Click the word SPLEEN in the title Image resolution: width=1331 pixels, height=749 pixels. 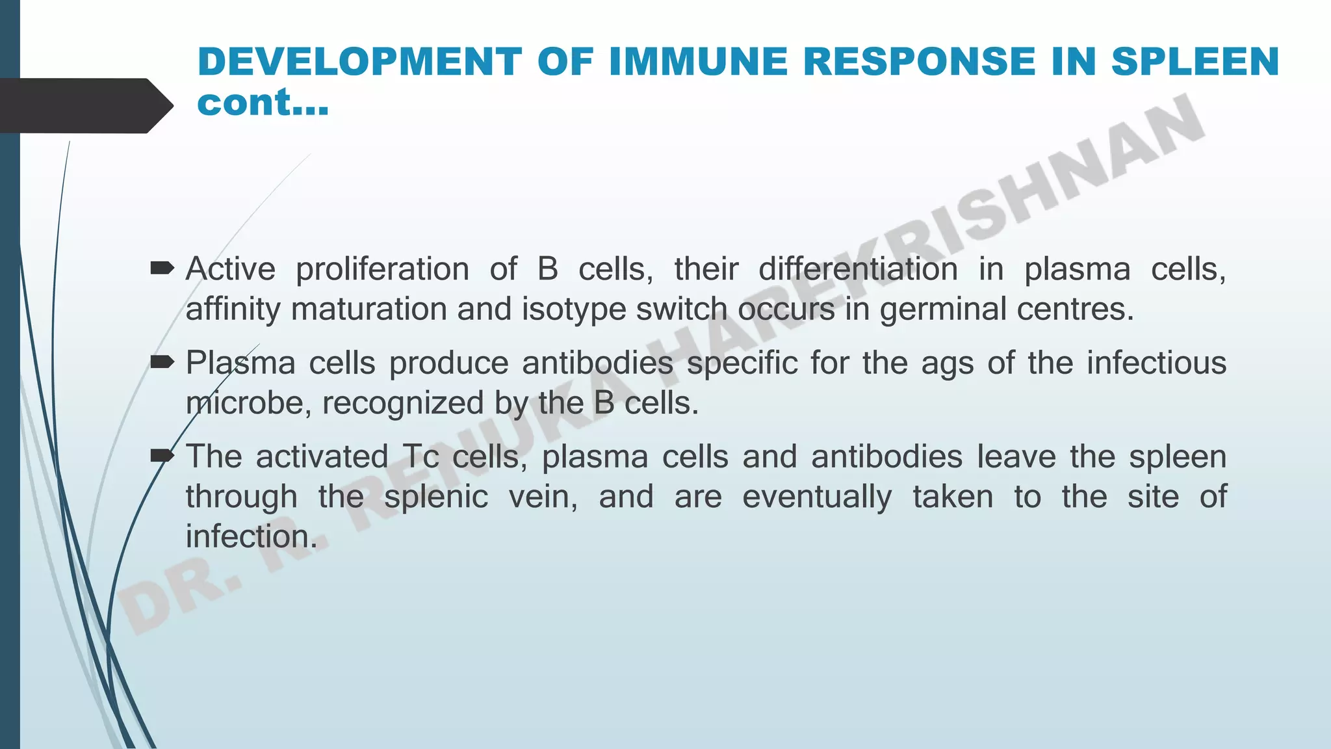pyautogui.click(x=1195, y=62)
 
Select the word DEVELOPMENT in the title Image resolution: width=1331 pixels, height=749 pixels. pyautogui.click(x=359, y=62)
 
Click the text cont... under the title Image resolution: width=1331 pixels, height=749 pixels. pyautogui.click(x=263, y=103)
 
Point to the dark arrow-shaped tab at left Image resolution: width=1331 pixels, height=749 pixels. pyautogui.click(x=84, y=106)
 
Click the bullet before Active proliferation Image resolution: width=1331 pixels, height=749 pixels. pyautogui.click(x=162, y=267)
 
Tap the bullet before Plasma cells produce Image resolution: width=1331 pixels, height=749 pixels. pyautogui.click(x=162, y=361)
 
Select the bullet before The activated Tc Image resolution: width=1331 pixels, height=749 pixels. pyautogui.click(x=162, y=456)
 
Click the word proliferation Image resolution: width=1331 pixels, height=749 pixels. pyautogui.click(x=382, y=269)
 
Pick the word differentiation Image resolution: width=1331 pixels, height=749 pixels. pyautogui.click(x=858, y=269)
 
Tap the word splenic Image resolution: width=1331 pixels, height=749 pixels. pyautogui.click(x=435, y=497)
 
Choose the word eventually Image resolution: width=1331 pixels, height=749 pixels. pyautogui.click(x=817, y=497)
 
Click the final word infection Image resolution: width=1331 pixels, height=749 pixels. pyautogui.click(x=251, y=537)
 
